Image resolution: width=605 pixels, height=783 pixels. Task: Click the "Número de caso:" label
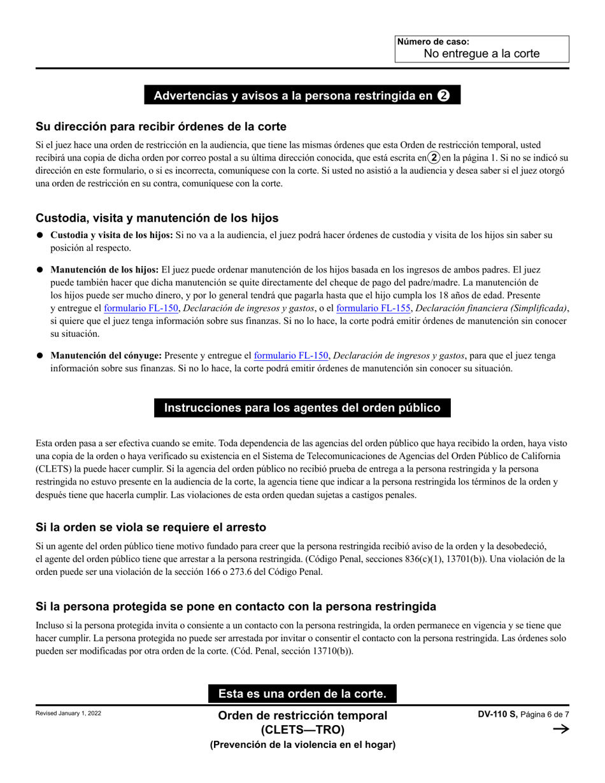pos(433,42)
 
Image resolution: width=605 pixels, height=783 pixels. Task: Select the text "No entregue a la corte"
pos(481,54)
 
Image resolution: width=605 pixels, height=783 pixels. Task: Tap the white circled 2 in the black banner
pos(444,96)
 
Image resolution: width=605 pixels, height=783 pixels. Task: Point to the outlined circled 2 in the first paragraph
pos(434,157)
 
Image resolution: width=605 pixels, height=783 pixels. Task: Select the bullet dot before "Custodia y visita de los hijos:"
pos(40,236)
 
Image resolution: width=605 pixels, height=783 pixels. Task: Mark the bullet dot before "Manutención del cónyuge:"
pos(40,356)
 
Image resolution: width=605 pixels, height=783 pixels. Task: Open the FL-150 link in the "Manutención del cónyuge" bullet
pos(291,356)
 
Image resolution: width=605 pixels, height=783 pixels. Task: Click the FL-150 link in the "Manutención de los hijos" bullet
pos(141,309)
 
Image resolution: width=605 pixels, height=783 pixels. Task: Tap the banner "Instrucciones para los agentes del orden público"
pos(302,408)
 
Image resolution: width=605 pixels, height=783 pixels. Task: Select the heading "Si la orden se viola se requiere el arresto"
pos(151,527)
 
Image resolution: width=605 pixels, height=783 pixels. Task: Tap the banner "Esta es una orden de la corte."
pos(302,693)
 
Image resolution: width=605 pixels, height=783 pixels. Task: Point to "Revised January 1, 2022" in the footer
pos(68,714)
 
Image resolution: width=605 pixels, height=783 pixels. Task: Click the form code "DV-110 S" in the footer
pos(497,715)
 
